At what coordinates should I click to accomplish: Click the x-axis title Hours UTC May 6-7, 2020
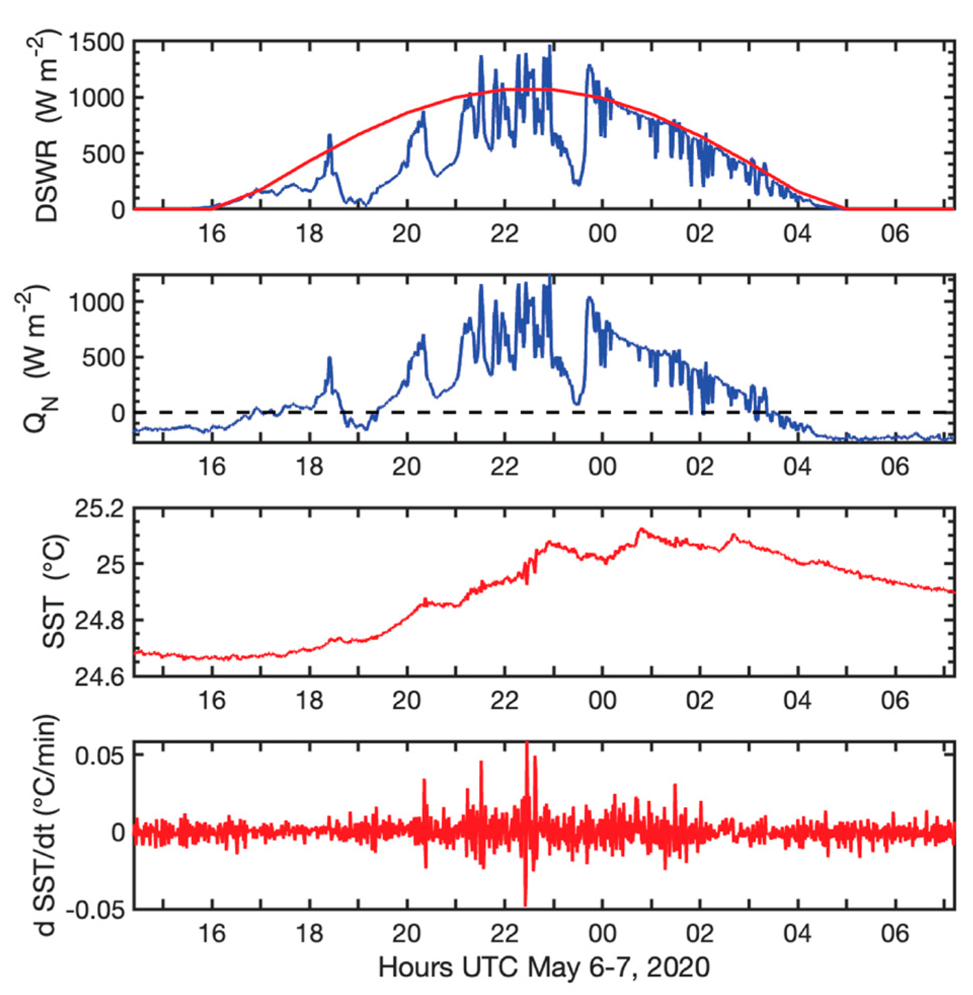544,968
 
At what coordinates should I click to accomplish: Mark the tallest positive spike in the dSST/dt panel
527,744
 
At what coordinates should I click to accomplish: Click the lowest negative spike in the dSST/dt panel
525,904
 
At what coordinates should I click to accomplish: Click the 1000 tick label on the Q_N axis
96,302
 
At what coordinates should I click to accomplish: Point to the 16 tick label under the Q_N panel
212,467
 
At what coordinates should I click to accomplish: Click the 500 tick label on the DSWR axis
104,154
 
